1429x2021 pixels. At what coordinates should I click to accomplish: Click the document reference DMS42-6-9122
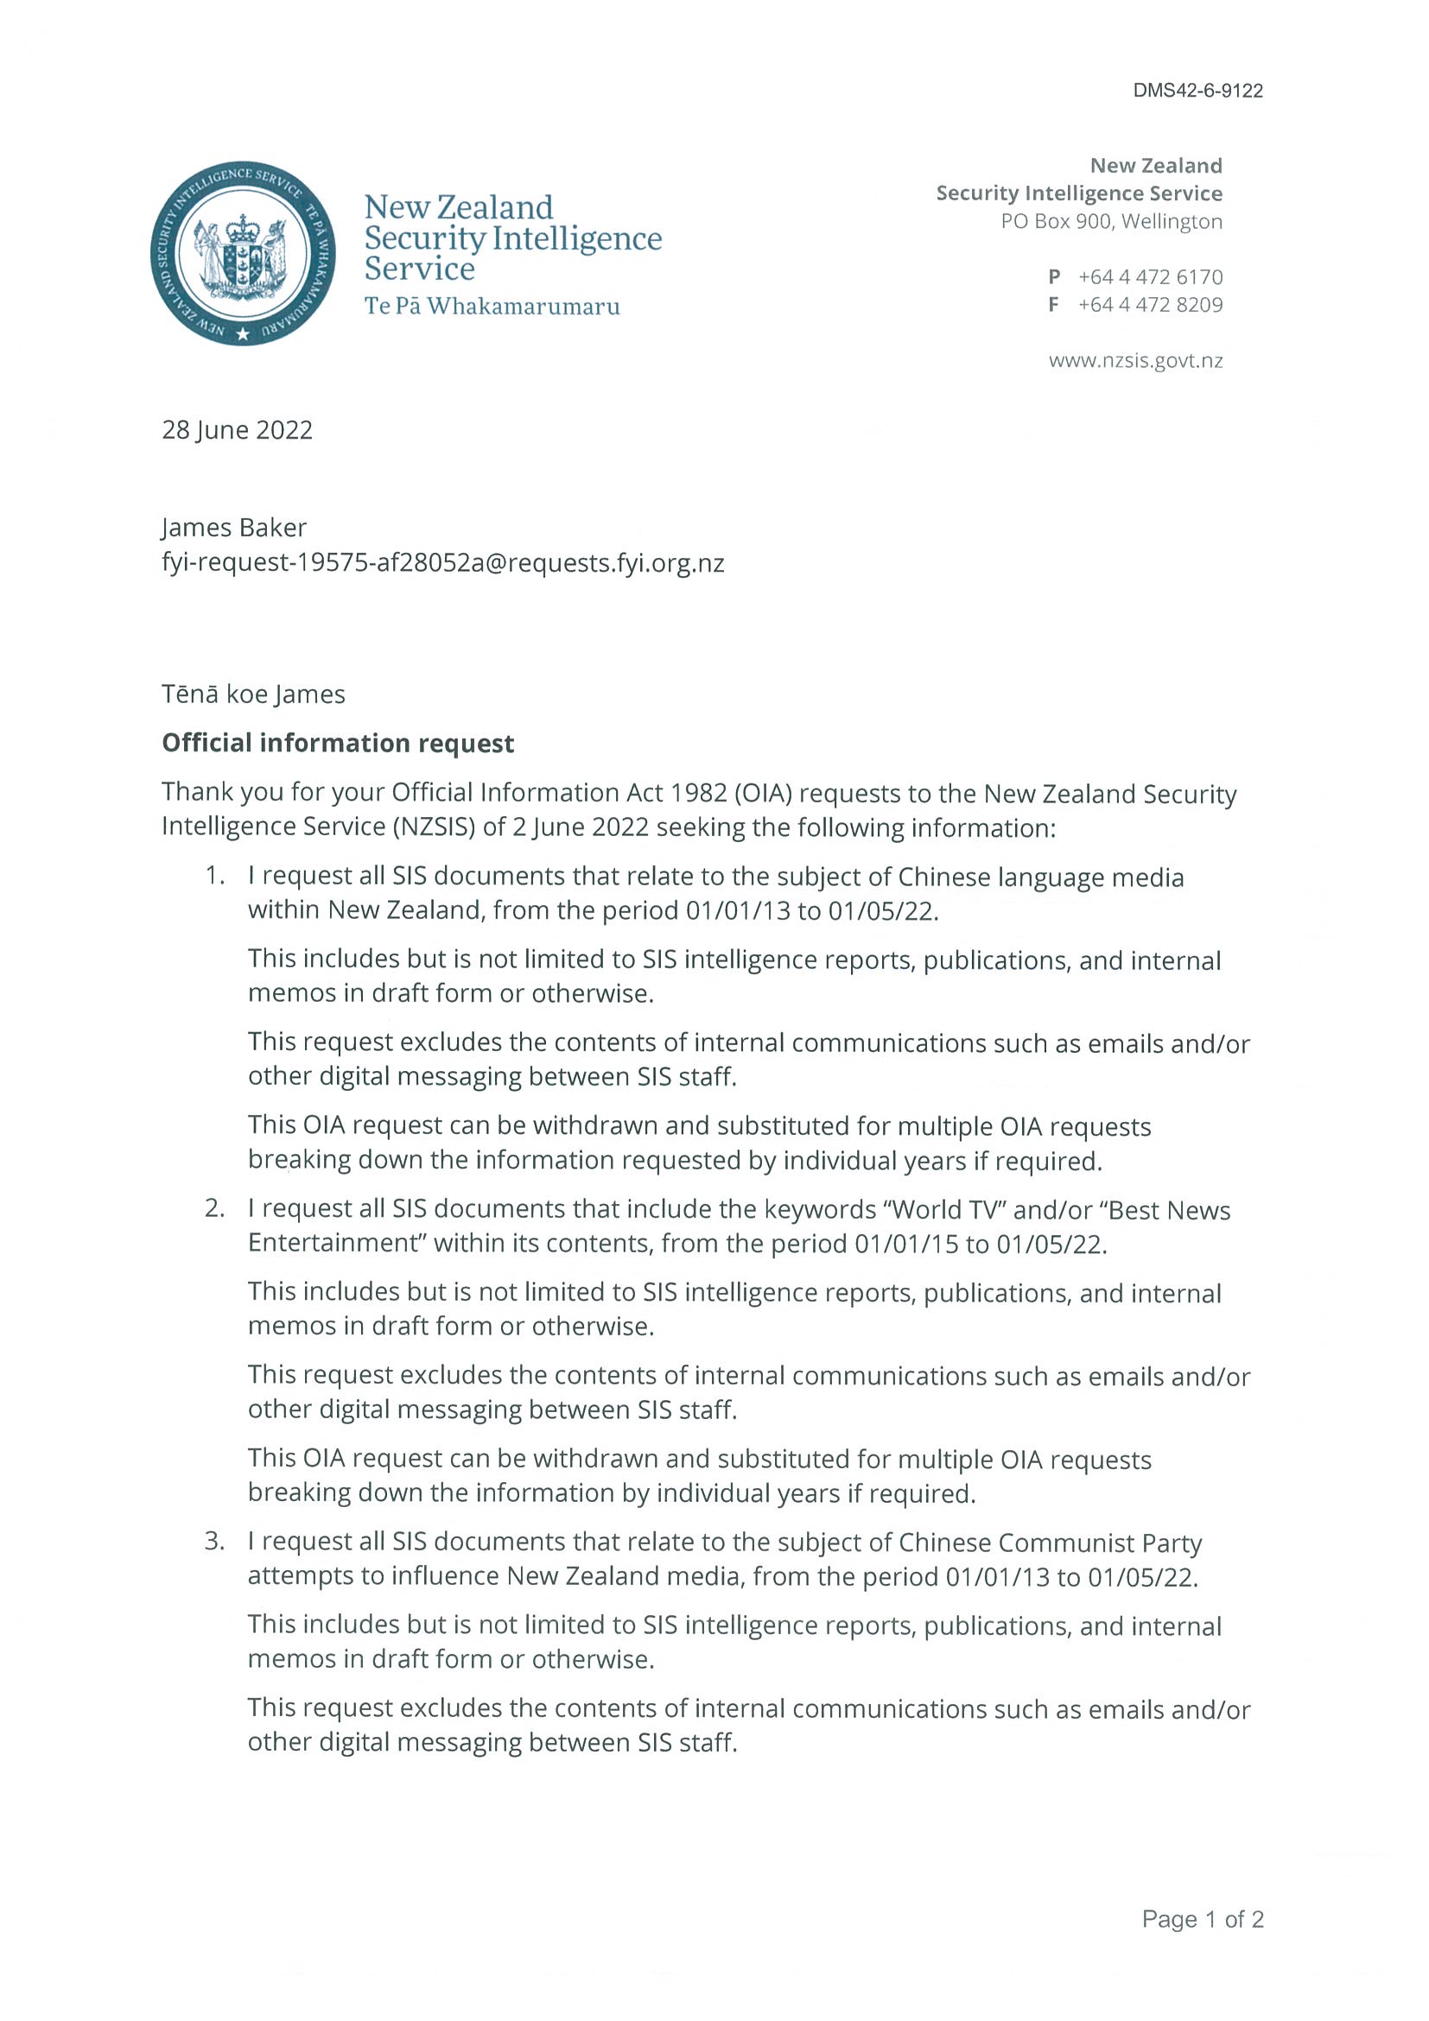[1197, 91]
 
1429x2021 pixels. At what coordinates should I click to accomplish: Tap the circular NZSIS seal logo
[243, 254]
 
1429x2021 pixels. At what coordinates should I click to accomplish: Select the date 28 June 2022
[237, 429]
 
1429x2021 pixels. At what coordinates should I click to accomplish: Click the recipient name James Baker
[234, 527]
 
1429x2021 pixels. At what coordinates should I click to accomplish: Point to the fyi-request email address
[443, 562]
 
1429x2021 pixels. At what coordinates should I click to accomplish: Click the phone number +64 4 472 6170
[1150, 277]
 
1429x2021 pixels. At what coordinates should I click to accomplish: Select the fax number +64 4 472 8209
[1150, 305]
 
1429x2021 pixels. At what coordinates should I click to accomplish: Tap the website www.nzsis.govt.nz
[1135, 360]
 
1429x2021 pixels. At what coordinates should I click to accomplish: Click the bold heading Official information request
[338, 743]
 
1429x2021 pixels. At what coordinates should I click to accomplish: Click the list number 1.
[215, 876]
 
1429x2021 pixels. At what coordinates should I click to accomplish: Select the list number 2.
[215, 1208]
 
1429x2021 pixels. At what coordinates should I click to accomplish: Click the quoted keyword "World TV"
[943, 1209]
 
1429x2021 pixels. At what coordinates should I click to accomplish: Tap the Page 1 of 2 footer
[1202, 1919]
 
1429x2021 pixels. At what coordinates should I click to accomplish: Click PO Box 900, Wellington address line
[1111, 221]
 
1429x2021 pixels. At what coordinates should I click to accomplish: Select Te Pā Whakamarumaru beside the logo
[492, 307]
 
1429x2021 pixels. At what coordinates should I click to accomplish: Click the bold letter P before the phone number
[1054, 277]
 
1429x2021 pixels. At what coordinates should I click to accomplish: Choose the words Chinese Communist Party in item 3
[1050, 1543]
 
